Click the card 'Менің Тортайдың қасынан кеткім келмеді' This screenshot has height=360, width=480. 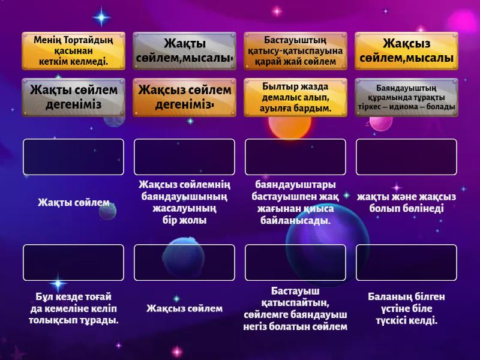tap(73, 52)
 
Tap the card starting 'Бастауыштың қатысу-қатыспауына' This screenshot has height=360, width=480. tap(295, 52)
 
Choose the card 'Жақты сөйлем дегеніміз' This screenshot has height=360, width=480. tap(73, 97)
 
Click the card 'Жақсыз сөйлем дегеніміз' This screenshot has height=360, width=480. tap(184, 97)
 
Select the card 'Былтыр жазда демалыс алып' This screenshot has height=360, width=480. tap(295, 97)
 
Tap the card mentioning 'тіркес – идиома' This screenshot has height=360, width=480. tap(406, 97)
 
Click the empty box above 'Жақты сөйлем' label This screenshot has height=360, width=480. tap(73, 157)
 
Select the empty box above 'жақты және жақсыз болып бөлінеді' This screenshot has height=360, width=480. tap(406, 157)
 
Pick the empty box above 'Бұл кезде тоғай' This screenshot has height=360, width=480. tap(73, 263)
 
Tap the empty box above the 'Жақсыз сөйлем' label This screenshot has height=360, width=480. tap(184, 263)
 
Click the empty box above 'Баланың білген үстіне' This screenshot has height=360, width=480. tap(406, 263)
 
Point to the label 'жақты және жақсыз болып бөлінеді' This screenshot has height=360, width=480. tap(406, 203)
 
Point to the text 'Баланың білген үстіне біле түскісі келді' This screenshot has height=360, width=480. tap(406, 308)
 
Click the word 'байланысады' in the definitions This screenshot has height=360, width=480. tap(295, 221)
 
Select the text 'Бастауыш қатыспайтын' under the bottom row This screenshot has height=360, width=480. tap(295, 297)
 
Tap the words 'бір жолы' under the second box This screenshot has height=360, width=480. tap(184, 221)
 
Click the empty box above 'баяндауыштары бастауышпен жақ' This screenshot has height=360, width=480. tap(295, 157)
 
